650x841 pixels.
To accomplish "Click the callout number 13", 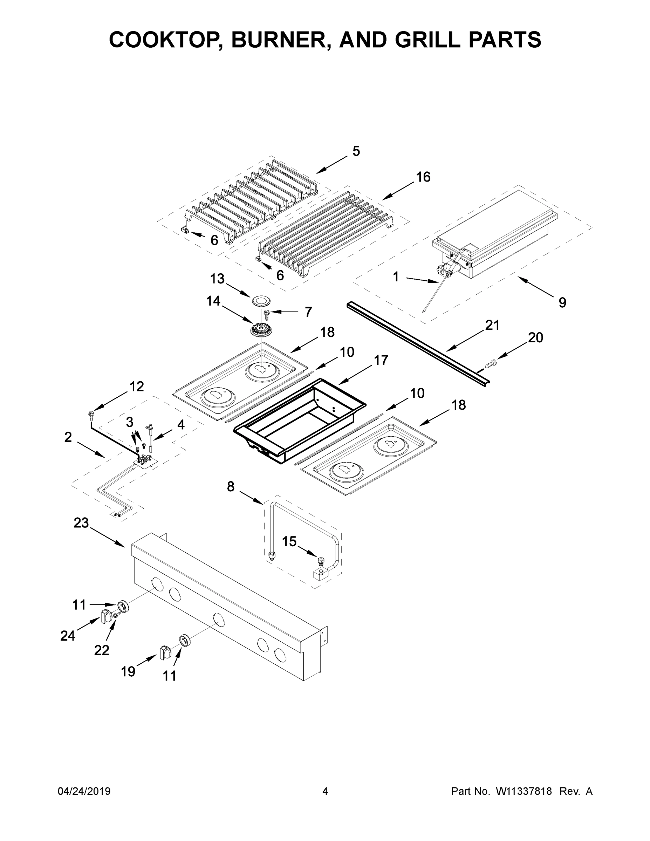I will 218,279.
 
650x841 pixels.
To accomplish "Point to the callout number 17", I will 381,361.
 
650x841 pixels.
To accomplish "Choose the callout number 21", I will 492,326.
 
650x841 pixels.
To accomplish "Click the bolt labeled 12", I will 91,414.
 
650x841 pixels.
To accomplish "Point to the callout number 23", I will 81,523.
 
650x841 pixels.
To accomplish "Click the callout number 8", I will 231,487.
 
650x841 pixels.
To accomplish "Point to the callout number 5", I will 356,151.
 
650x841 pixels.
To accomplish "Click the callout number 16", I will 423,177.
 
